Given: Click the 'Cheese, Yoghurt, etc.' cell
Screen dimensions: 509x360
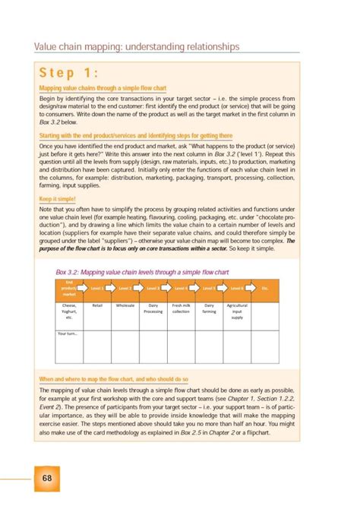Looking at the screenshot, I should coord(69,311).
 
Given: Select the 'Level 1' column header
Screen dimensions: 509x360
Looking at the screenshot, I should coord(97,289).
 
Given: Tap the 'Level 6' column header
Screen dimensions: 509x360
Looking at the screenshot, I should coord(237,289).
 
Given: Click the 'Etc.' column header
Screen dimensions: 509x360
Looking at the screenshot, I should coord(265,289).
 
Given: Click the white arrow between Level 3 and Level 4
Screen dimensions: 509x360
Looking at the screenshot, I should coord(167,289).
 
